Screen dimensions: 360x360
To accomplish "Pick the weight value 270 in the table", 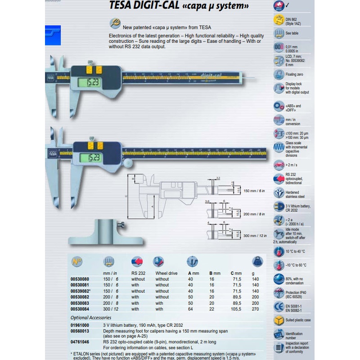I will pos(256,309).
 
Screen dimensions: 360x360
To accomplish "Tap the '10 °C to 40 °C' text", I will pos(295,251).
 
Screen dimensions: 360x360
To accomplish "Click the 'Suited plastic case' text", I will pos(298,320).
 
